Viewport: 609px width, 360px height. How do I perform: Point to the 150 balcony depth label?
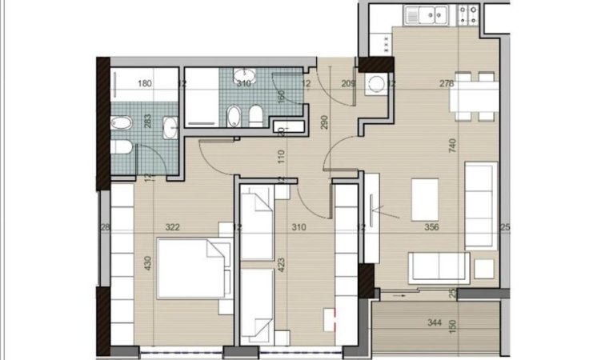[453, 329]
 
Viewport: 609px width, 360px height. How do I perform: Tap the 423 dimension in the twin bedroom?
[280, 265]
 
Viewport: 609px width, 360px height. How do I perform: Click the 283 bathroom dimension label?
[147, 122]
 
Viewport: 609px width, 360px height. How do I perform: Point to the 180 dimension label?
[145, 83]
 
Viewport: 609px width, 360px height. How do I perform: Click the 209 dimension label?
[348, 83]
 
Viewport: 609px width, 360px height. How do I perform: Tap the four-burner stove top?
[467, 14]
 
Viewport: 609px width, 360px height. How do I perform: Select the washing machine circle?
[375, 86]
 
